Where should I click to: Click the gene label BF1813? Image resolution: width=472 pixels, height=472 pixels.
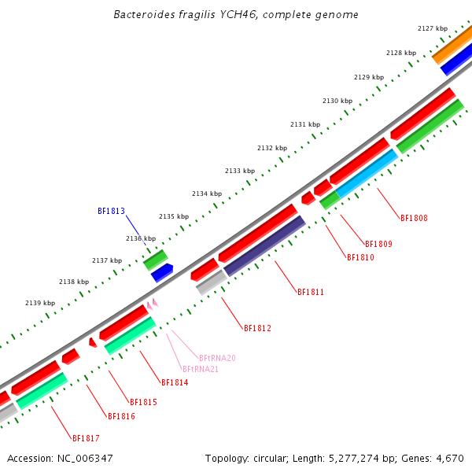tap(111, 211)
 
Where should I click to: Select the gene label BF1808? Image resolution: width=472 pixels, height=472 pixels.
tap(414, 218)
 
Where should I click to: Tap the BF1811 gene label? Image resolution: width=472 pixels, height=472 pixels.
tap(311, 292)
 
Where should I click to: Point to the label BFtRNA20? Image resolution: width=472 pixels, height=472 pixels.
tap(217, 358)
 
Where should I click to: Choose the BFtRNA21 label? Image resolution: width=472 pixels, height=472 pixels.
tap(200, 369)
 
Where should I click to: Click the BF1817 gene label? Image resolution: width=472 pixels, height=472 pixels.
tap(86, 438)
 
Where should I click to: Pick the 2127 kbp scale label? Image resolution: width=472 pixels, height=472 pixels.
tap(432, 28)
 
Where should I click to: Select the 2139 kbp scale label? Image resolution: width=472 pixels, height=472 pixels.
tap(40, 303)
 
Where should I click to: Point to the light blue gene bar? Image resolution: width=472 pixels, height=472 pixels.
tap(367, 173)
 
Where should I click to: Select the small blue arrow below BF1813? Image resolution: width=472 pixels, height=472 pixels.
tap(162, 272)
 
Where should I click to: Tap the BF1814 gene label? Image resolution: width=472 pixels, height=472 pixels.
tap(175, 382)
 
